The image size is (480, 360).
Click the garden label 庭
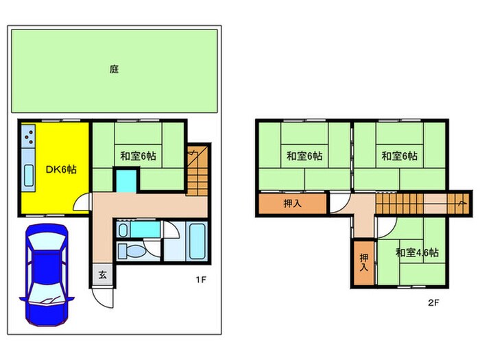(114, 69)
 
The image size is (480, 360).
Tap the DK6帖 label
(61, 169)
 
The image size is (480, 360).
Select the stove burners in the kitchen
(29, 136)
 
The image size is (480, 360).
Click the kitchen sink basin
(29, 176)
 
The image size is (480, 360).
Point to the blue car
(47, 275)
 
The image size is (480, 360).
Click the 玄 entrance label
(103, 274)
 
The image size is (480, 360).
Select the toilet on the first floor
(132, 252)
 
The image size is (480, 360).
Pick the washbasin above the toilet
(123, 230)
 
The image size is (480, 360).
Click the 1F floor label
(201, 280)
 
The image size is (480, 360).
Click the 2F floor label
(433, 303)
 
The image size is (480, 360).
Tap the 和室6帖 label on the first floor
(138, 156)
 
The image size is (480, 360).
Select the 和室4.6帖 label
(417, 252)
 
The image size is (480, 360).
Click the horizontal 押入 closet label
(293, 203)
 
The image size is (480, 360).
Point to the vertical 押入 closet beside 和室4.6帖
(363, 263)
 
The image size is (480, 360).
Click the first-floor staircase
(197, 171)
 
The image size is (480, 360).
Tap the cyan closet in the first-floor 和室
(126, 180)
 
